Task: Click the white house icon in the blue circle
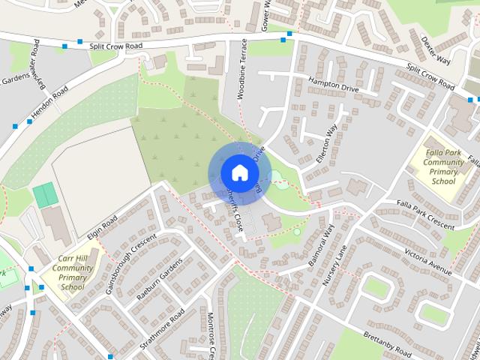click(239, 172)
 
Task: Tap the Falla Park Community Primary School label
click(444, 160)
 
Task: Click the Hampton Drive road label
click(333, 83)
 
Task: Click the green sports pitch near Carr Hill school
click(45, 195)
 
